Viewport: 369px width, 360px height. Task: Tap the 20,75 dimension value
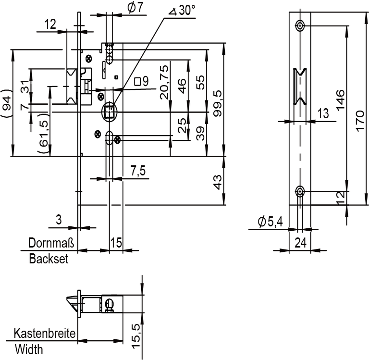click(x=165, y=82)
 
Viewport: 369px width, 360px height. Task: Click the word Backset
click(x=49, y=259)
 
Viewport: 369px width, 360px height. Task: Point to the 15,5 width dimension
click(x=136, y=335)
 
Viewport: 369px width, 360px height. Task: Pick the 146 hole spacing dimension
click(x=340, y=99)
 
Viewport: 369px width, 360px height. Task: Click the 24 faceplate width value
click(x=300, y=243)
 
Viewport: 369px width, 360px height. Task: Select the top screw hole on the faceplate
click(x=300, y=25)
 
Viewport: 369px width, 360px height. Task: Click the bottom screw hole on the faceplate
click(x=300, y=192)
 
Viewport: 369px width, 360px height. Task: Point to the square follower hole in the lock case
click(x=110, y=112)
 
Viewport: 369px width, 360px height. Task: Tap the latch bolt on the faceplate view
click(x=300, y=88)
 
